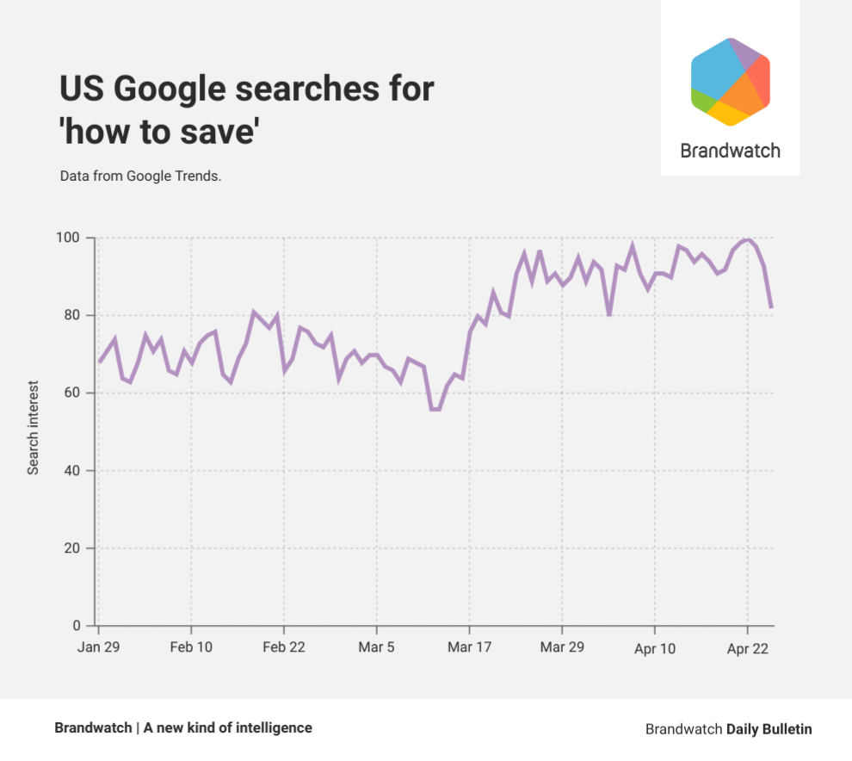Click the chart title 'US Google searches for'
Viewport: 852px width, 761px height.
click(x=247, y=90)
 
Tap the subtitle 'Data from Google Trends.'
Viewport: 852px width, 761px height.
click(x=141, y=176)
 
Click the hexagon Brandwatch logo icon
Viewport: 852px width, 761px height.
click(x=730, y=82)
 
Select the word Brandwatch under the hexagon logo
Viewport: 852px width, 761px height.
click(x=730, y=151)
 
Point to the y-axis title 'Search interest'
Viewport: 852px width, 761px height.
click(x=34, y=428)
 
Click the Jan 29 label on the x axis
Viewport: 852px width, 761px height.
click(x=98, y=647)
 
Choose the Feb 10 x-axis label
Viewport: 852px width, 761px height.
click(x=191, y=647)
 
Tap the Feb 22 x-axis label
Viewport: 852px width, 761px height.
click(x=284, y=647)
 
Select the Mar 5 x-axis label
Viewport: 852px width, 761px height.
click(x=377, y=647)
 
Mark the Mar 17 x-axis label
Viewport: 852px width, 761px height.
click(x=470, y=647)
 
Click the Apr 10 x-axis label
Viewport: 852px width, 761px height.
click(x=655, y=647)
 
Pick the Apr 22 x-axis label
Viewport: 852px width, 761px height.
click(x=748, y=647)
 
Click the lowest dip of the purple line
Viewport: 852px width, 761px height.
click(x=435, y=409)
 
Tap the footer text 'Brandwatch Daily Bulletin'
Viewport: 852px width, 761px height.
click(x=728, y=728)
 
